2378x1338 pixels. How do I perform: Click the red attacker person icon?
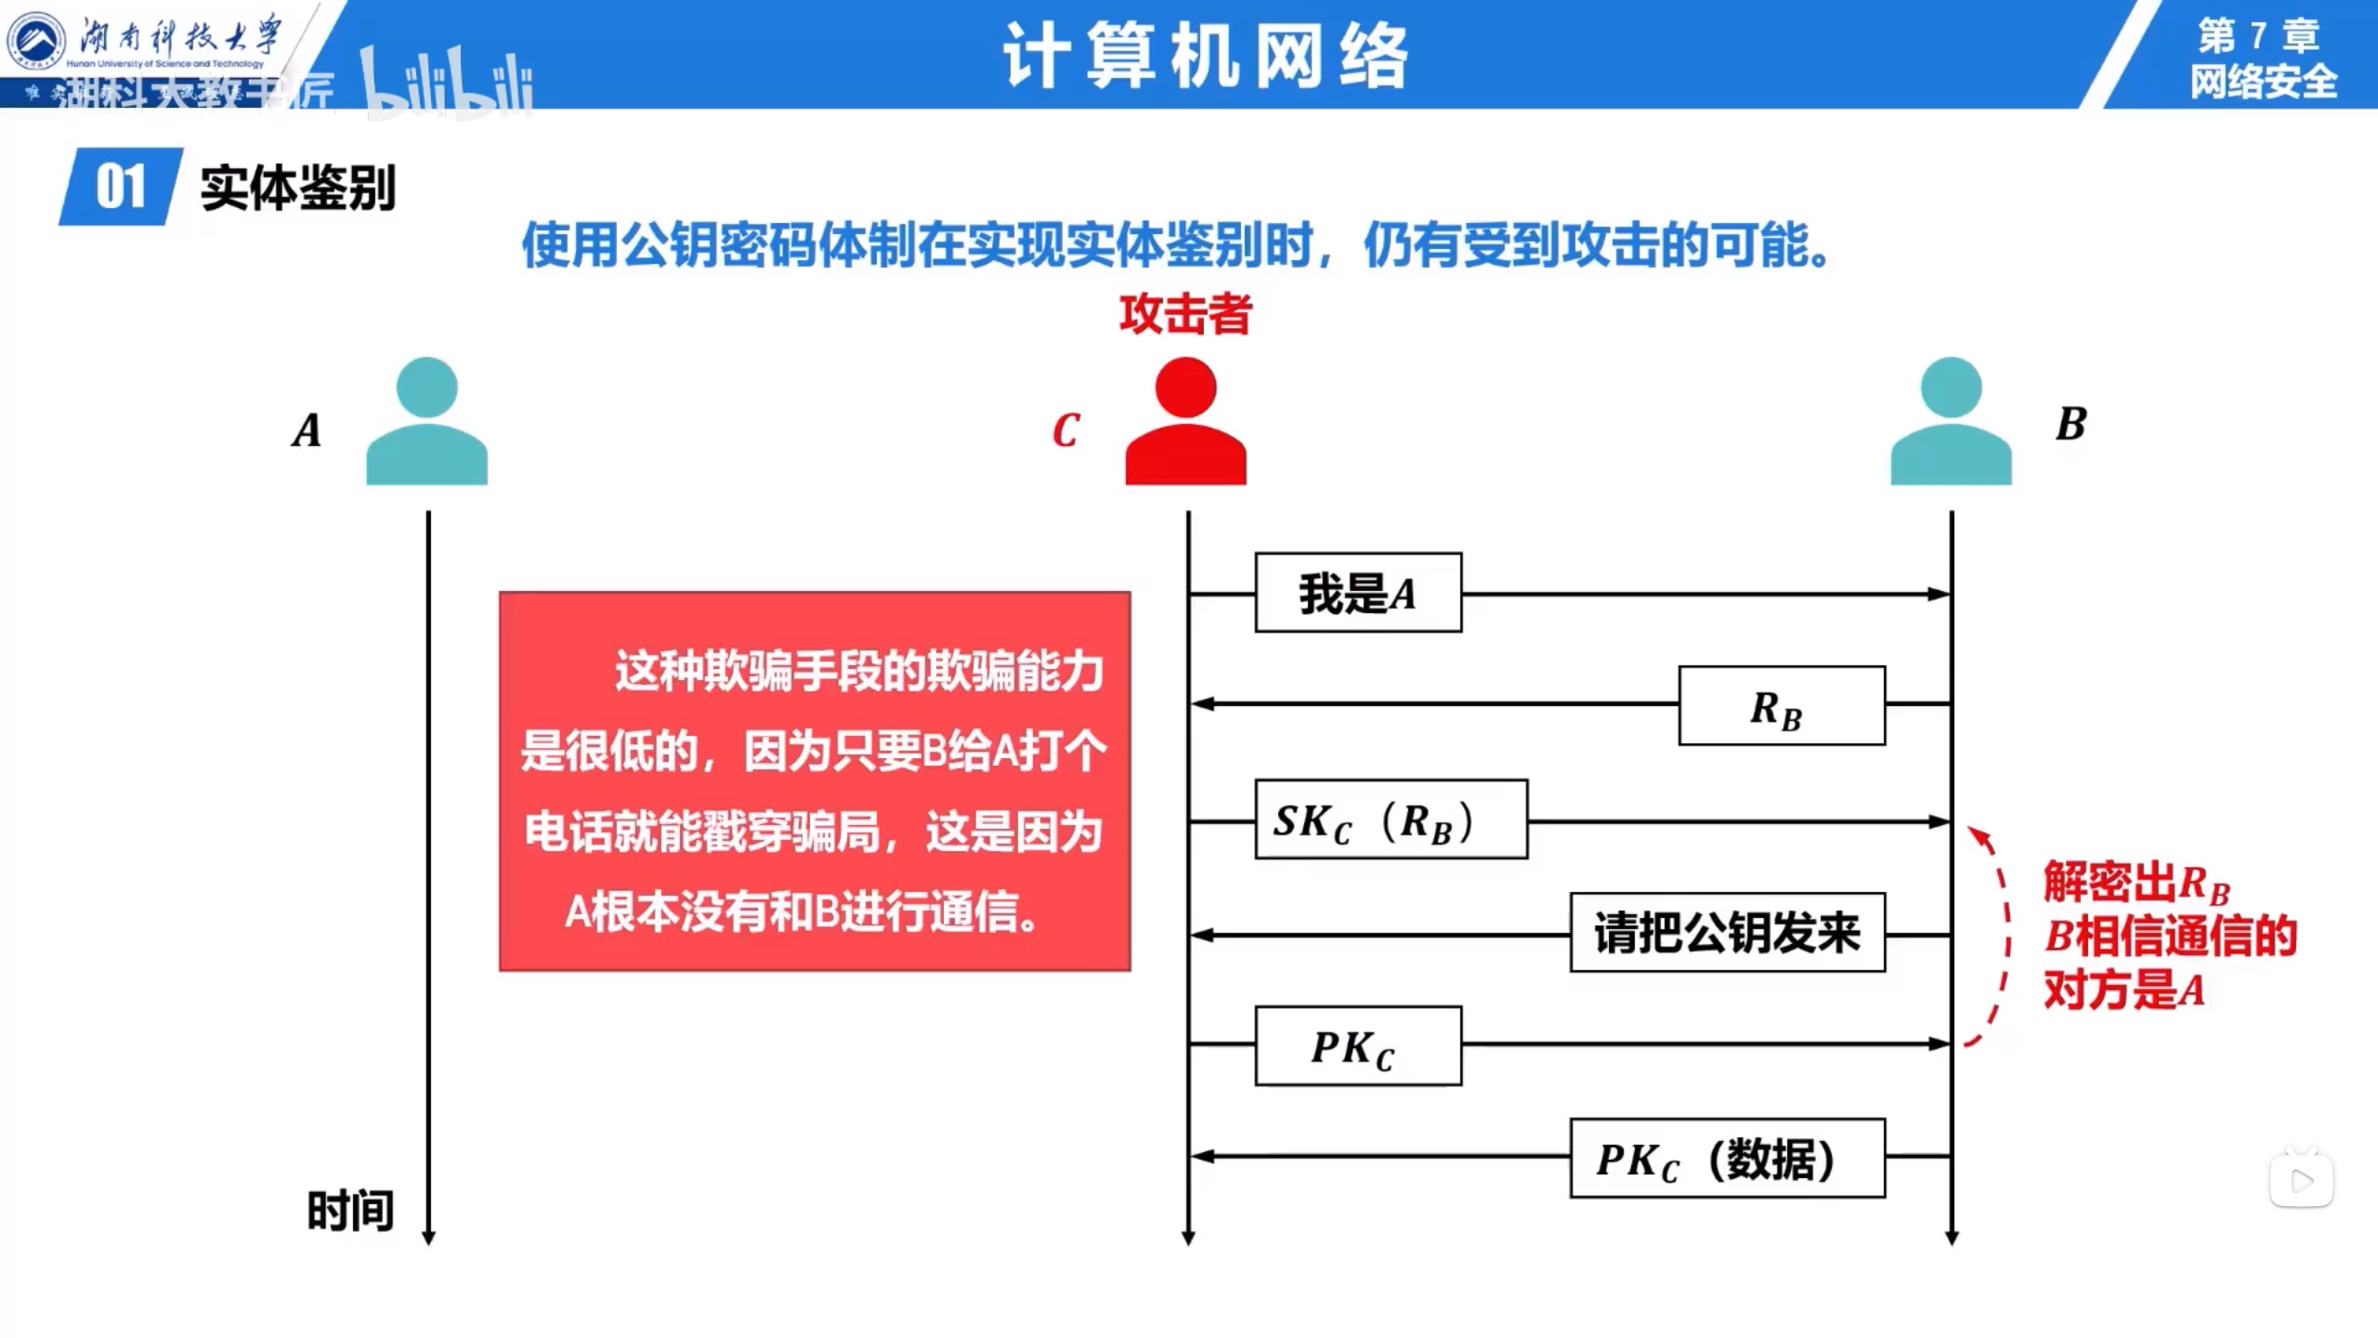click(x=1185, y=423)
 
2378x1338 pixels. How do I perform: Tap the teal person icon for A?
click(x=426, y=423)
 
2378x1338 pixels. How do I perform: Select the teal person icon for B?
click(x=1951, y=423)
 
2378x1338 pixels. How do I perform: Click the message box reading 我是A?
click(x=1357, y=594)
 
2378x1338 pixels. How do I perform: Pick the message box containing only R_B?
click(x=1781, y=706)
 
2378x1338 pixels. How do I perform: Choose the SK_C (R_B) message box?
click(x=1390, y=820)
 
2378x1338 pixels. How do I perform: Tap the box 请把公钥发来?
click(x=1727, y=933)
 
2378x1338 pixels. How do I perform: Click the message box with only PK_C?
click(x=1357, y=1046)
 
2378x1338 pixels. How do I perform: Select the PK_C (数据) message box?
click(x=1727, y=1159)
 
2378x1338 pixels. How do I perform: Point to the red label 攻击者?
click(x=1185, y=314)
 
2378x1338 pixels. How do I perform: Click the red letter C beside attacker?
click(x=1066, y=430)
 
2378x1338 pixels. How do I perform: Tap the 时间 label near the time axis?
click(x=350, y=1211)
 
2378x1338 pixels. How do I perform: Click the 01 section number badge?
click(x=121, y=187)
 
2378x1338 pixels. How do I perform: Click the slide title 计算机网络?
click(x=1206, y=57)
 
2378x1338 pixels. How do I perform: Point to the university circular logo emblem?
click(x=36, y=41)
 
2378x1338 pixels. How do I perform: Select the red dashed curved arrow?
click(x=1997, y=933)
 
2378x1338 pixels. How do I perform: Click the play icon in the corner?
click(x=2302, y=1181)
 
